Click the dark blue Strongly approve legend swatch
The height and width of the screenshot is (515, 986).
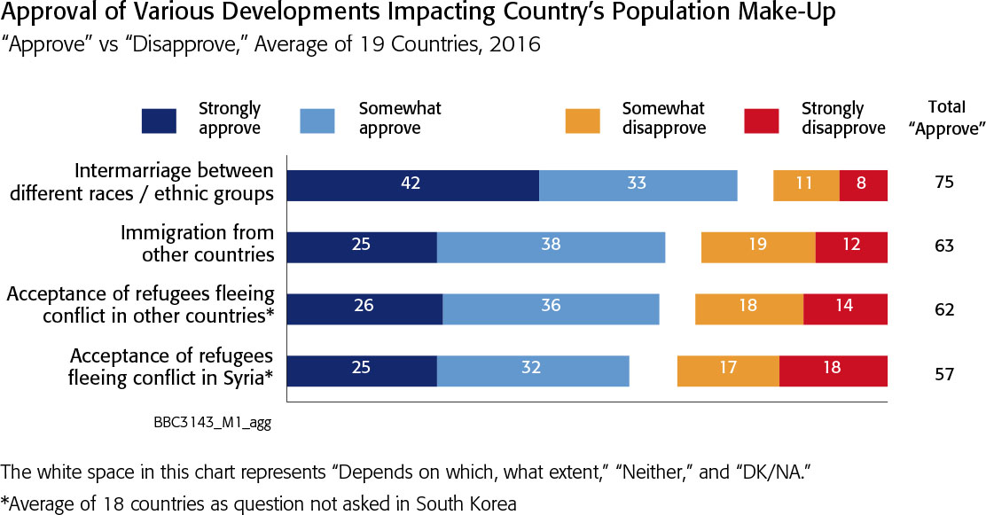[x=159, y=121]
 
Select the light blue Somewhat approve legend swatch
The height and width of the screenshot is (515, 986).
[x=317, y=121]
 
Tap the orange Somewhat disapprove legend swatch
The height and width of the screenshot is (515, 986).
[x=583, y=121]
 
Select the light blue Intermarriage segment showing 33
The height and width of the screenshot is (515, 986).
[x=638, y=184]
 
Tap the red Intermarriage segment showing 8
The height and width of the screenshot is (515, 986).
[x=863, y=184]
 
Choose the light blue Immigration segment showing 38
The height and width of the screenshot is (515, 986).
[x=551, y=246]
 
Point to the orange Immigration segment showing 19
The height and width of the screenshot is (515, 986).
[x=758, y=246]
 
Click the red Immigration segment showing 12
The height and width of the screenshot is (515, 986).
[x=851, y=246]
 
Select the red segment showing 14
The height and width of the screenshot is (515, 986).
[x=845, y=307]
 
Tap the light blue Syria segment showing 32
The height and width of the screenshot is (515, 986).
[x=532, y=369]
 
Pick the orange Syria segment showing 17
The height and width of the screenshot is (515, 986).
[x=728, y=369]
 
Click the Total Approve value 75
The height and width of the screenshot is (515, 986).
[x=943, y=184]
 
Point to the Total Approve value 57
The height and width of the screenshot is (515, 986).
[x=943, y=373]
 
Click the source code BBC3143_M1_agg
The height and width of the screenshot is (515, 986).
[x=211, y=424]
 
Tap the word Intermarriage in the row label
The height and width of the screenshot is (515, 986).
[x=129, y=170]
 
